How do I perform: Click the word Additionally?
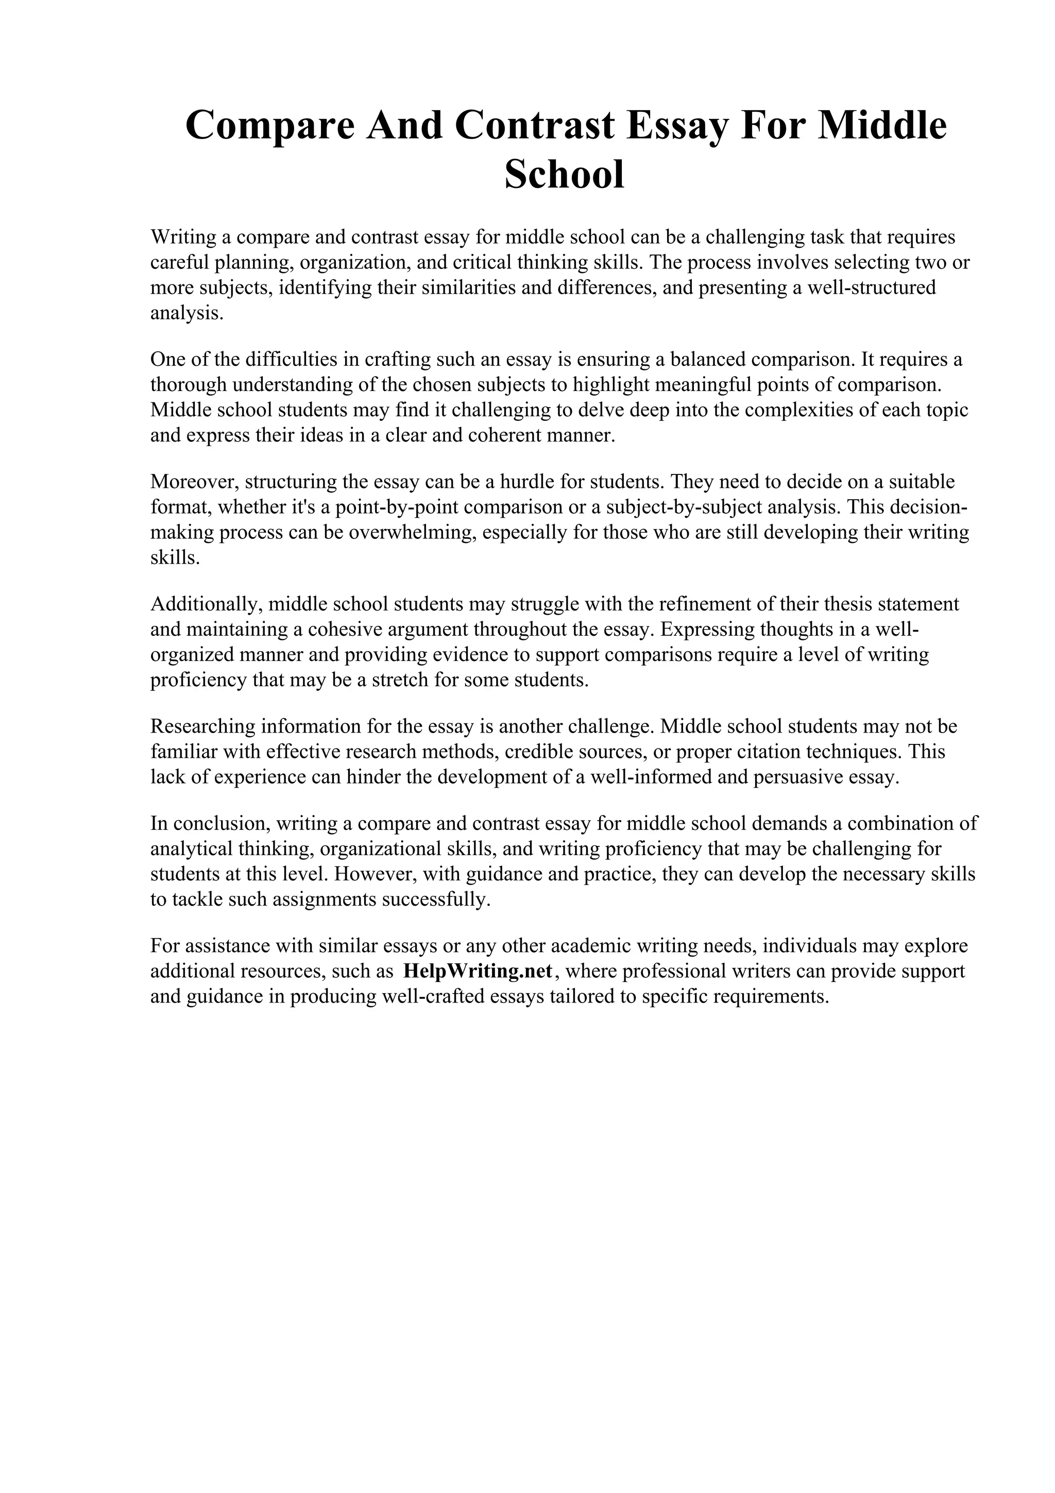point(206,604)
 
